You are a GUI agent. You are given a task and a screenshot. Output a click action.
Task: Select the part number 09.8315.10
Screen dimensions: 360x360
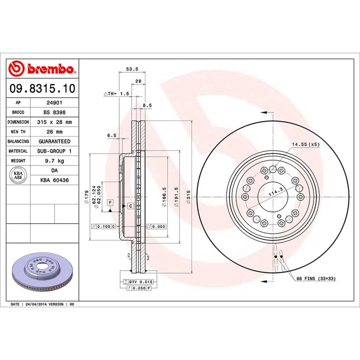pyautogui.click(x=42, y=88)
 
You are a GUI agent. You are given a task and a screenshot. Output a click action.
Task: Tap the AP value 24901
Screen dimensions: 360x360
pyautogui.click(x=54, y=103)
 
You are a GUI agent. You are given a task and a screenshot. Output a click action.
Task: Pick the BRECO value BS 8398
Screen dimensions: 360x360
pyautogui.click(x=54, y=112)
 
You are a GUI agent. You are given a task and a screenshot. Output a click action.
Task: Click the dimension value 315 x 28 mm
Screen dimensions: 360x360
pyautogui.click(x=54, y=122)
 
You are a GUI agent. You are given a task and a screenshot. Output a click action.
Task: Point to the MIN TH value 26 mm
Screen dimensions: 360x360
pyautogui.click(x=54, y=132)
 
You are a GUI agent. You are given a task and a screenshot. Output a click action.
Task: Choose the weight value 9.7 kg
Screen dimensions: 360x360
pyautogui.click(x=54, y=161)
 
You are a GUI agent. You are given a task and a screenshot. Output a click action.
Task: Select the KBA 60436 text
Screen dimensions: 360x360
pyautogui.click(x=54, y=180)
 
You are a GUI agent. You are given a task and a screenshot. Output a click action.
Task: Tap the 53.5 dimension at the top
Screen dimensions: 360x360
pyautogui.click(x=132, y=69)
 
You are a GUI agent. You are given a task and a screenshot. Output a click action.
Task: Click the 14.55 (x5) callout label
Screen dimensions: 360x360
pyautogui.click(x=306, y=144)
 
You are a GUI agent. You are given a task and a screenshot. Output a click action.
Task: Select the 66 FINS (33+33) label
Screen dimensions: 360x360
pyautogui.click(x=316, y=279)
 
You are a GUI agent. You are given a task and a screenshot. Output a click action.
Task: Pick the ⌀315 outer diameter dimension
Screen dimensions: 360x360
pyautogui.click(x=188, y=196)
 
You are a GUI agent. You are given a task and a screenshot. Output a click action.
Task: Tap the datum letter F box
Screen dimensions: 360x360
pyautogui.click(x=110, y=203)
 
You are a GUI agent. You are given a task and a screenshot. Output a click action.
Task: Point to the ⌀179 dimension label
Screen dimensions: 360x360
pyautogui.click(x=86, y=197)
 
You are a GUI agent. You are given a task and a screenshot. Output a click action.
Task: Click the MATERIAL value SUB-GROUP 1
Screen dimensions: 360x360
pyautogui.click(x=54, y=151)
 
